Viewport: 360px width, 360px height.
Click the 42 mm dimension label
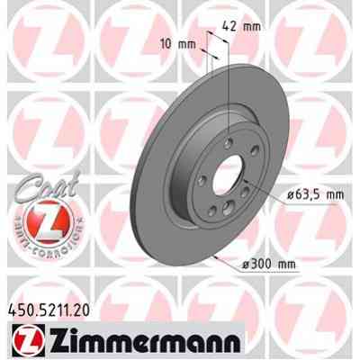[245, 26]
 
